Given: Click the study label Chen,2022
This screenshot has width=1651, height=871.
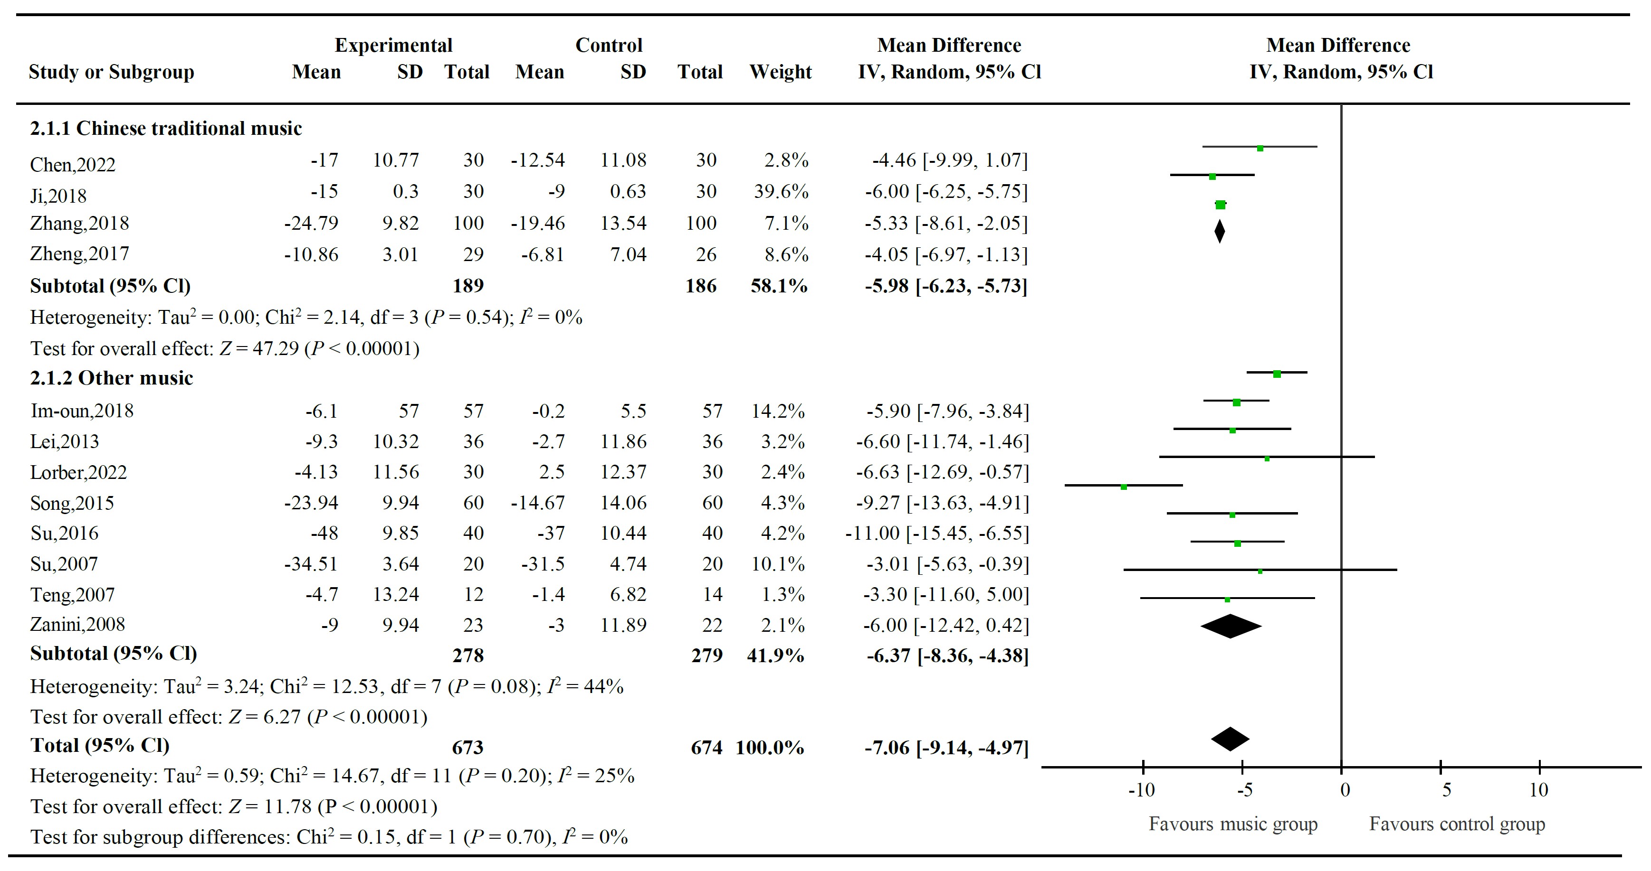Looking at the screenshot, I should (x=72, y=165).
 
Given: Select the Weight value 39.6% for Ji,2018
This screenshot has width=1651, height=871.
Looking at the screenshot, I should (x=781, y=191).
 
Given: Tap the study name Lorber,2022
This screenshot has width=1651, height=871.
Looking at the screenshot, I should (x=78, y=473).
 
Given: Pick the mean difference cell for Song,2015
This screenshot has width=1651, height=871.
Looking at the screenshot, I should (x=942, y=503).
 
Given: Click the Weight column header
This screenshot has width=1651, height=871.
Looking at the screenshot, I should (x=780, y=72).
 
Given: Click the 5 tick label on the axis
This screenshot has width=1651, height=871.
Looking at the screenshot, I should (x=1447, y=790).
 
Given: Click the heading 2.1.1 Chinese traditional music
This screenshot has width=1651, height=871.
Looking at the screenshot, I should (x=165, y=129).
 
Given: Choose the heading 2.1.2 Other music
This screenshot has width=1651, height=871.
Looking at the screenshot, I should (x=112, y=378).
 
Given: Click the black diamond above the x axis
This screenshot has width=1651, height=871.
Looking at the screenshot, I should (x=1230, y=740).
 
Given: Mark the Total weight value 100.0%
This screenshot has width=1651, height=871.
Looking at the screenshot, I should (x=769, y=748).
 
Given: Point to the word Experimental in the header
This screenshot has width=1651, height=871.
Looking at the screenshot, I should (x=393, y=46).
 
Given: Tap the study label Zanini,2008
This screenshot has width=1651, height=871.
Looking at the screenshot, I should (x=77, y=625).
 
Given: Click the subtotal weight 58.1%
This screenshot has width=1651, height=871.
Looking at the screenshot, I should (x=779, y=286).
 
